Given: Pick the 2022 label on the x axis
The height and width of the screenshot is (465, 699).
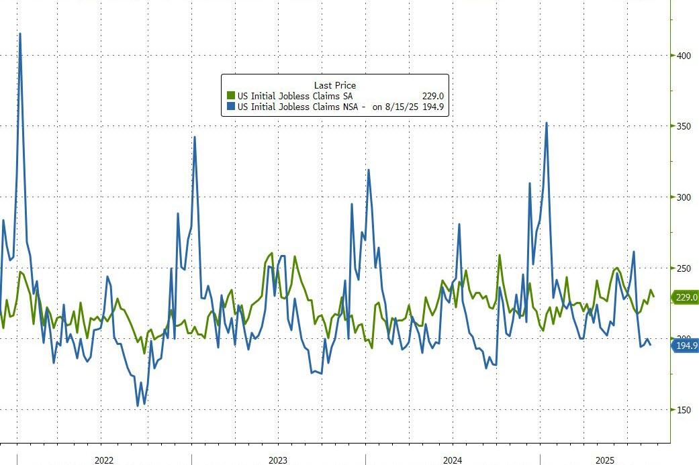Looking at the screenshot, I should [104, 460].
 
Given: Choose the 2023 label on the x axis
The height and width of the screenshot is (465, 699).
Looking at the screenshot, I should [278, 460].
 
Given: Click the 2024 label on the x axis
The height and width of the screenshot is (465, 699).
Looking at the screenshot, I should [453, 460].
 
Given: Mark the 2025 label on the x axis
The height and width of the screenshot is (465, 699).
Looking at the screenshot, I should [605, 460].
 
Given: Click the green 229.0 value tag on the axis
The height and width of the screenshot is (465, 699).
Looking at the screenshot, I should [686, 297].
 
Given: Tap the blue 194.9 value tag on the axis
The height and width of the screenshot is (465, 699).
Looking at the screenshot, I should [686, 346].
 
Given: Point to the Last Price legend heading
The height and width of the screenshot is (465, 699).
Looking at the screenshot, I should [334, 85].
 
